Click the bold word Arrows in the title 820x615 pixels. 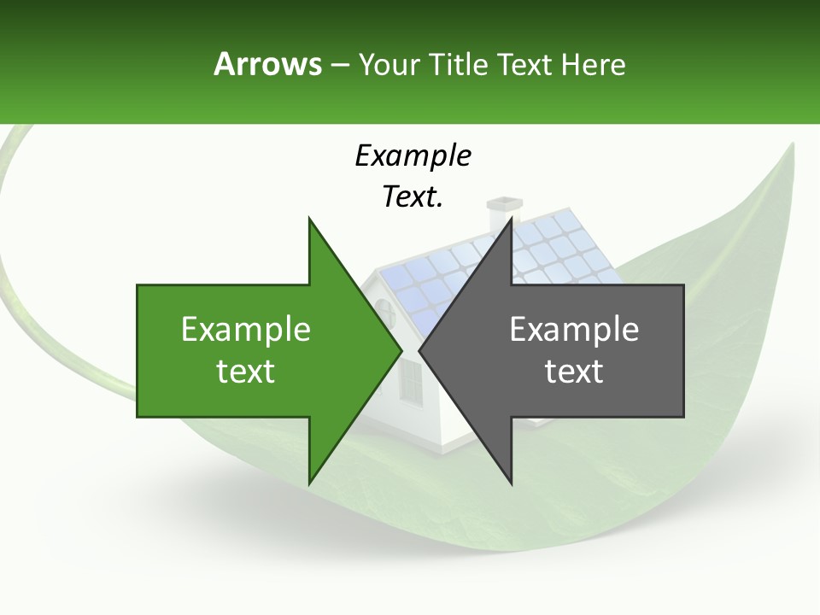[267, 64]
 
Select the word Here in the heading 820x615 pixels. [593, 64]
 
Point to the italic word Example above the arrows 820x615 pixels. [413, 155]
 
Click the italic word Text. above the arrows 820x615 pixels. [413, 197]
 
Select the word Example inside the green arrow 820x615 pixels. [246, 329]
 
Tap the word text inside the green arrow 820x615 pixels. [246, 371]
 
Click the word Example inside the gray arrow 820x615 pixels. [574, 329]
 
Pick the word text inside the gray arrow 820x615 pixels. [574, 371]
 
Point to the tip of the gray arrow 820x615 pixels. [421, 350]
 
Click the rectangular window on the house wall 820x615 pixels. [411, 381]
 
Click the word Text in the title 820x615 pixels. [527, 64]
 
